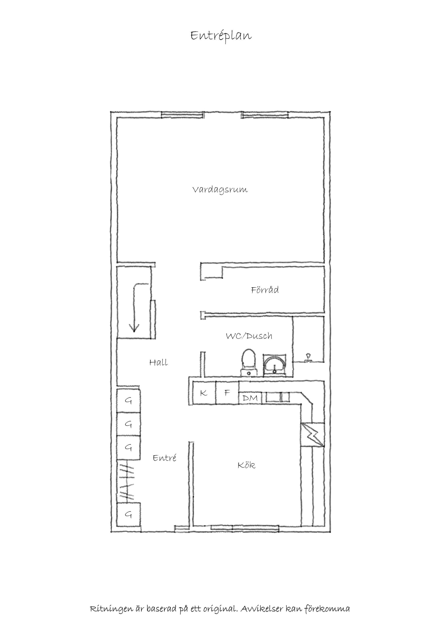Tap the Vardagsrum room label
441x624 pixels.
point(220,190)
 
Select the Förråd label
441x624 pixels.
point(265,290)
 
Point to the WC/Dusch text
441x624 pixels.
point(249,336)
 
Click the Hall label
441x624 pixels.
point(158,362)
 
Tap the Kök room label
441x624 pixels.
point(246,465)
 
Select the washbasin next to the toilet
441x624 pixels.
point(274,365)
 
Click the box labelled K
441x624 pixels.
point(204,393)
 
